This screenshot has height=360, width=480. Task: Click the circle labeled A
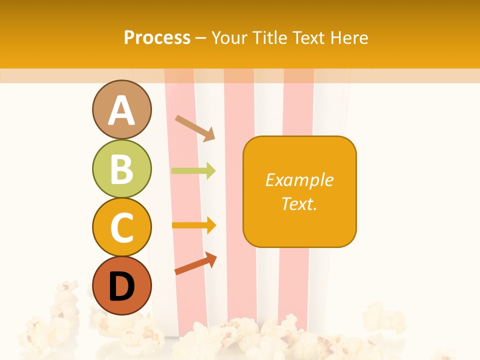pyautogui.click(x=121, y=109)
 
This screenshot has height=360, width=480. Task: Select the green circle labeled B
pyautogui.click(x=121, y=168)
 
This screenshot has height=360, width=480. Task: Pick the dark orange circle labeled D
pyautogui.click(x=121, y=285)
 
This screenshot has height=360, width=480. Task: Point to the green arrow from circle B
pyautogui.click(x=193, y=171)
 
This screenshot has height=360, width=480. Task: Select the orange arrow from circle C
pyautogui.click(x=193, y=225)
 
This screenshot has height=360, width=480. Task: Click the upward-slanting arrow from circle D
pyautogui.click(x=195, y=263)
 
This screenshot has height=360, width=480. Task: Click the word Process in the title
pyautogui.click(x=157, y=37)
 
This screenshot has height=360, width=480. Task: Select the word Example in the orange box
pyautogui.click(x=299, y=180)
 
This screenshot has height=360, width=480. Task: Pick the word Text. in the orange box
pyautogui.click(x=299, y=203)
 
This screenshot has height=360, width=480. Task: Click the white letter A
pyautogui.click(x=121, y=110)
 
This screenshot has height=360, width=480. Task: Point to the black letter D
pyautogui.click(x=121, y=286)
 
